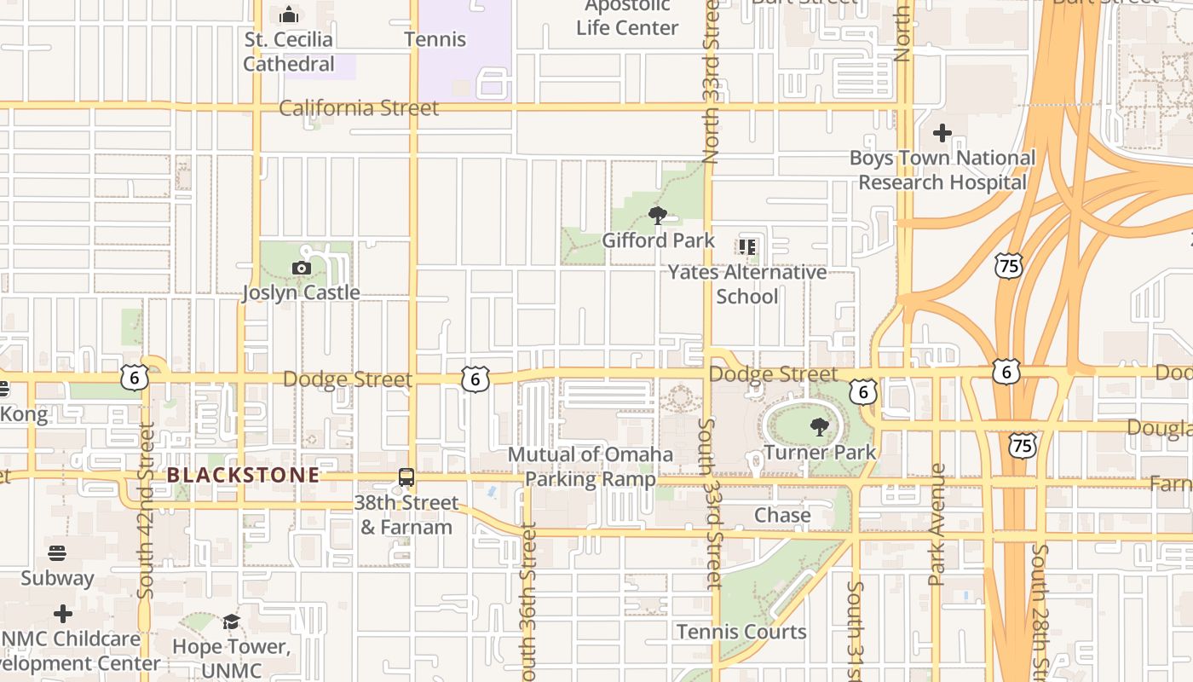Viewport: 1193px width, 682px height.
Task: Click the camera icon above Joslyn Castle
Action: tap(301, 269)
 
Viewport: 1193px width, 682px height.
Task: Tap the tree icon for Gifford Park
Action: tap(657, 216)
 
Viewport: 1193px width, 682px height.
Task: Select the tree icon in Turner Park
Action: tap(819, 427)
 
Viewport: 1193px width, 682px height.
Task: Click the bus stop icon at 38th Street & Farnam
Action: tap(406, 477)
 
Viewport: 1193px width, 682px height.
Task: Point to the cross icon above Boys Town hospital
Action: tap(942, 133)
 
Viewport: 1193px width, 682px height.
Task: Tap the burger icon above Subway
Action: tap(57, 552)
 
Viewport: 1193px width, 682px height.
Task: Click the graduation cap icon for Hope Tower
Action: tap(231, 621)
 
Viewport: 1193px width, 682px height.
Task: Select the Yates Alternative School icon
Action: tap(747, 247)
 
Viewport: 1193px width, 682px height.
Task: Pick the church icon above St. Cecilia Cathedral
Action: tap(289, 14)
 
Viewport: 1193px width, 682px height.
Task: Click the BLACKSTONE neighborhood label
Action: tap(244, 475)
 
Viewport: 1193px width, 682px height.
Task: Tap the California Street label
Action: tap(359, 108)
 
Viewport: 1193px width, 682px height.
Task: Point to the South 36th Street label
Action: tap(528, 601)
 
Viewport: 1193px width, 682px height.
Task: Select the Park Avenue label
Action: tap(937, 524)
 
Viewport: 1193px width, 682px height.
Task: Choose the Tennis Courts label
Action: tap(741, 632)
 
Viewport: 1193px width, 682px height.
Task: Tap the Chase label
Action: tap(782, 515)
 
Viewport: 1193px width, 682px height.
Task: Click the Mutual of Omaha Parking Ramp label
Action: tap(591, 466)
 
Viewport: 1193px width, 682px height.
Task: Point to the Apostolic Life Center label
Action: tap(627, 17)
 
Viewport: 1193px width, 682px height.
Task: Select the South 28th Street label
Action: tap(1039, 610)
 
